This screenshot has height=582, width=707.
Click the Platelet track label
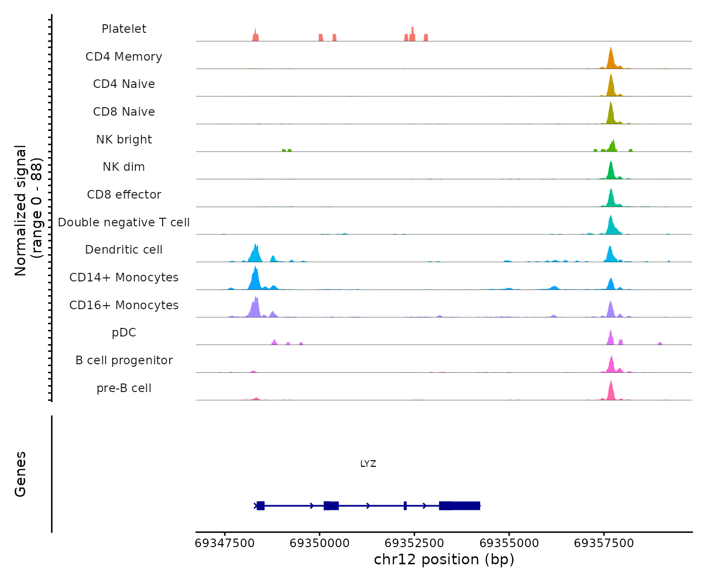click(124, 29)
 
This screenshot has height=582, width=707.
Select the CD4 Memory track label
click(124, 57)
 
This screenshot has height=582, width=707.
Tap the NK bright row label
click(124, 139)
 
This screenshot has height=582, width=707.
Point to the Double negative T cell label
click(124, 222)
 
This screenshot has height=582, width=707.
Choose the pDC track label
click(124, 332)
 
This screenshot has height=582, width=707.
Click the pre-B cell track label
click(124, 388)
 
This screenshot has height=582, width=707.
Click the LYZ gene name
click(368, 464)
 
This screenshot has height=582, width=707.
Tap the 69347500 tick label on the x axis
click(225, 543)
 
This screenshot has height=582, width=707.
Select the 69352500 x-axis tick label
click(414, 543)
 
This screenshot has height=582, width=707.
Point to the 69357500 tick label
click(603, 543)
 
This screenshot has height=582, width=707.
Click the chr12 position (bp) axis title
click(444, 560)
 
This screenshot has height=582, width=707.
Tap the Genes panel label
click(21, 474)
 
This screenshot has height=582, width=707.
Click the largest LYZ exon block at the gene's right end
click(460, 506)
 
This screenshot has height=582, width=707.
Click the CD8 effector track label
click(124, 195)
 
